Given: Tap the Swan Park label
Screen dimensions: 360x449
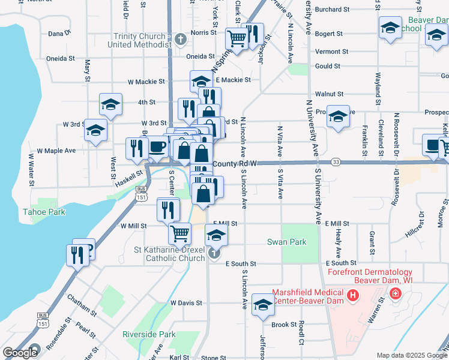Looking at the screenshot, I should tap(287, 242).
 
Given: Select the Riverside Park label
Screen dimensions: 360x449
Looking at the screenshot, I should tap(148, 334).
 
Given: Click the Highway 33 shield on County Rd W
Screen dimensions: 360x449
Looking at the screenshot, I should tap(336, 163).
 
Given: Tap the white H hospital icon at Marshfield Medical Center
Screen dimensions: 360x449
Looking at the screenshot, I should tap(353, 295).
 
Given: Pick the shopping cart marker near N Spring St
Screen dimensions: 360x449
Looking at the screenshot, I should tap(236, 39).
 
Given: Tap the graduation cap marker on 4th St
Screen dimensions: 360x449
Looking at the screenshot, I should tap(110, 104).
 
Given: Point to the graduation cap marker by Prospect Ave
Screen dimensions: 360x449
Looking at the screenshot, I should tap(338, 116).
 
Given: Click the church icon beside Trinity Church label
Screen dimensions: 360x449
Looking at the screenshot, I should tap(180, 40).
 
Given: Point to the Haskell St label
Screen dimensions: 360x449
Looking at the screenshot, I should tap(130, 173).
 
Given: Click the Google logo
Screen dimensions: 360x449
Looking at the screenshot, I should tap(20, 353).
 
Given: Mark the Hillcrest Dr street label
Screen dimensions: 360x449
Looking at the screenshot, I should tap(414, 219).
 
